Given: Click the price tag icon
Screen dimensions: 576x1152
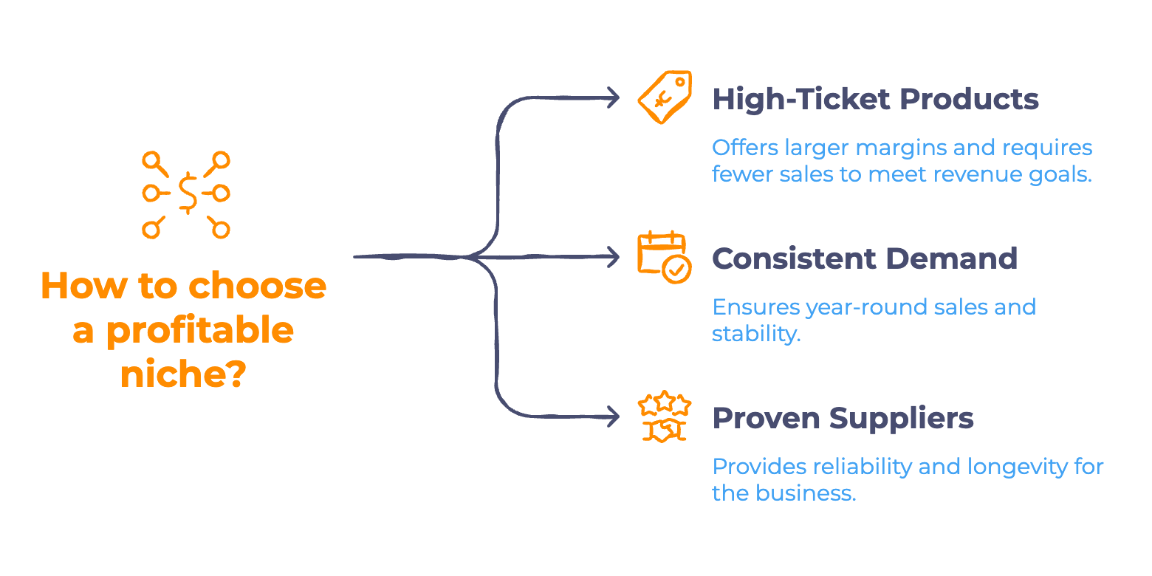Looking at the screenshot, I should pos(665,97).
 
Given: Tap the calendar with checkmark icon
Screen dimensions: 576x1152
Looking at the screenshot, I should pos(664,257).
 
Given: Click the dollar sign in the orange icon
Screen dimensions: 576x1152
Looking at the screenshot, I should pos(188,193).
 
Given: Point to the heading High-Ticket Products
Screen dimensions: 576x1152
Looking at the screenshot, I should pos(875,99).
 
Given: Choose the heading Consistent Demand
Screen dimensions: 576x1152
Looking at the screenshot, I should pos(865,258).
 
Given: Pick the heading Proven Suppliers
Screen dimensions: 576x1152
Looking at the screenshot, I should pos(843,418).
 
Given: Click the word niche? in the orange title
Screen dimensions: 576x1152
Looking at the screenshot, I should pos(183,374).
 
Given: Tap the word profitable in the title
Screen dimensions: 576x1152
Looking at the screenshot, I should pos(199,331).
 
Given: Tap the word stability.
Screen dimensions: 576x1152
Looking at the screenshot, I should pos(756,334).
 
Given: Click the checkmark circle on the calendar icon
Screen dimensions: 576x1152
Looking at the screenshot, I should pos(676,270).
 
